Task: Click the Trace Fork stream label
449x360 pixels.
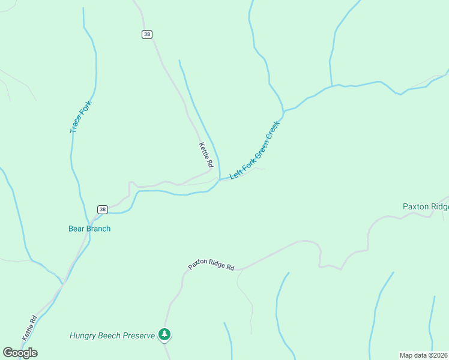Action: point(76,118)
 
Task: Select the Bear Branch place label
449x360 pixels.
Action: point(89,229)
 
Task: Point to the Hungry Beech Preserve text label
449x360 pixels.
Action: point(112,335)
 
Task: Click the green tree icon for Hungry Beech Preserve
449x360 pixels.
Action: point(164,335)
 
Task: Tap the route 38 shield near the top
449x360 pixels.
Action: point(147,34)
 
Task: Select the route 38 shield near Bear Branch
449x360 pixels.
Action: point(103,209)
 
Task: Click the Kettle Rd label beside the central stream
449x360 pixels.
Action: point(206,155)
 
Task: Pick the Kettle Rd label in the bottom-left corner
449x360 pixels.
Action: point(29,328)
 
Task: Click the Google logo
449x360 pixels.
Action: point(20,353)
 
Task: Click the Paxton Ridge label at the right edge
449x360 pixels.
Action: point(425,206)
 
